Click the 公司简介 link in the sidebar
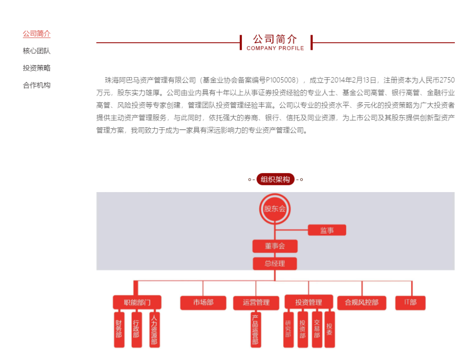pyautogui.click(x=37, y=34)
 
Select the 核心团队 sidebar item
pyautogui.click(x=37, y=51)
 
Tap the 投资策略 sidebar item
pyautogui.click(x=37, y=68)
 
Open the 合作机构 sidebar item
pyautogui.click(x=37, y=85)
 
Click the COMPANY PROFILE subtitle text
pyautogui.click(x=275, y=48)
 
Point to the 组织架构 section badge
pyautogui.click(x=275, y=179)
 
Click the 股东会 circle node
pyautogui.click(x=275, y=209)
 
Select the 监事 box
pyautogui.click(x=327, y=230)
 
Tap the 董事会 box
pyautogui.click(x=275, y=246)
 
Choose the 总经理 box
pyautogui.click(x=275, y=264)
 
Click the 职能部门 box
pyautogui.click(x=137, y=302)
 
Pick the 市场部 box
pyautogui.click(x=203, y=302)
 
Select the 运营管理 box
pyautogui.click(x=256, y=303)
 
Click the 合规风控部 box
pyautogui.click(x=361, y=302)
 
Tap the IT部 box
pyautogui.click(x=410, y=302)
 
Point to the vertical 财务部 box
pyautogui.click(x=119, y=329)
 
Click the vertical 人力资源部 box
pyautogui.click(x=154, y=329)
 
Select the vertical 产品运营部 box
pyautogui.click(x=255, y=329)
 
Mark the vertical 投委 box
pyautogui.click(x=330, y=329)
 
